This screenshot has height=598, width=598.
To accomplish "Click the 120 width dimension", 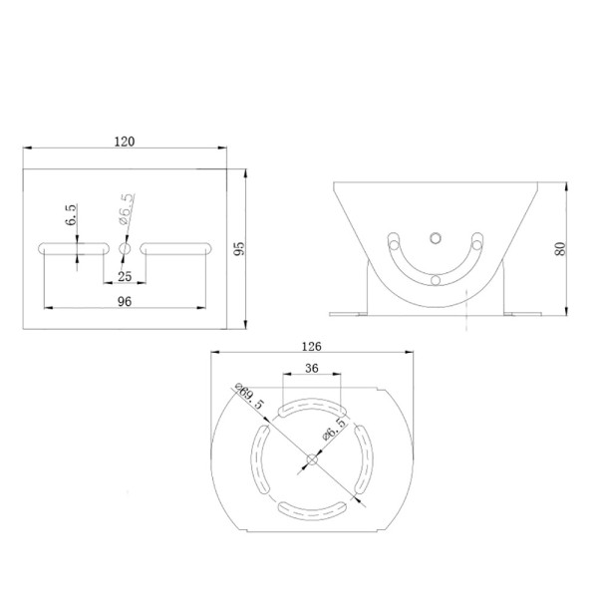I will click(x=125, y=142).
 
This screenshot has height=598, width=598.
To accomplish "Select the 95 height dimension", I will click(x=238, y=248).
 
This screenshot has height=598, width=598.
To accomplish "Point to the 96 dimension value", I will click(x=124, y=299).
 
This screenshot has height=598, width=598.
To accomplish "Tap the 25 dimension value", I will click(x=124, y=275).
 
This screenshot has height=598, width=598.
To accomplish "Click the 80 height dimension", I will click(x=560, y=249).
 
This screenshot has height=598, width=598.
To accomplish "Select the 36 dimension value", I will click(x=311, y=368).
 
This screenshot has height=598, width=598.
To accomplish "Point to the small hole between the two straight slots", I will click(x=125, y=247).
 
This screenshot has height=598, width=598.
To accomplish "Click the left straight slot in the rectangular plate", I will click(x=72, y=247).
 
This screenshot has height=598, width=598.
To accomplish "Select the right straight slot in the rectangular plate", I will click(x=175, y=247).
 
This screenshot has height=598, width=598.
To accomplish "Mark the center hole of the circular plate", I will click(x=313, y=459).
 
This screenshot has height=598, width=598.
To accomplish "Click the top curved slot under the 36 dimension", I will click(x=311, y=409).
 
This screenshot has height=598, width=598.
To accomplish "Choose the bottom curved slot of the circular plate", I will click(x=312, y=508).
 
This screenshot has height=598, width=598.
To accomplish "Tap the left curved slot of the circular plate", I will click(x=262, y=458).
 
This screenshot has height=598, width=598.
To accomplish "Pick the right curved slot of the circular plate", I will click(x=363, y=458).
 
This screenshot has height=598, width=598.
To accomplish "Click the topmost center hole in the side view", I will click(x=435, y=237).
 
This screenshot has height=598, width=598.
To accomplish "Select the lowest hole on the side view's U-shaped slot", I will click(x=435, y=279).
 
